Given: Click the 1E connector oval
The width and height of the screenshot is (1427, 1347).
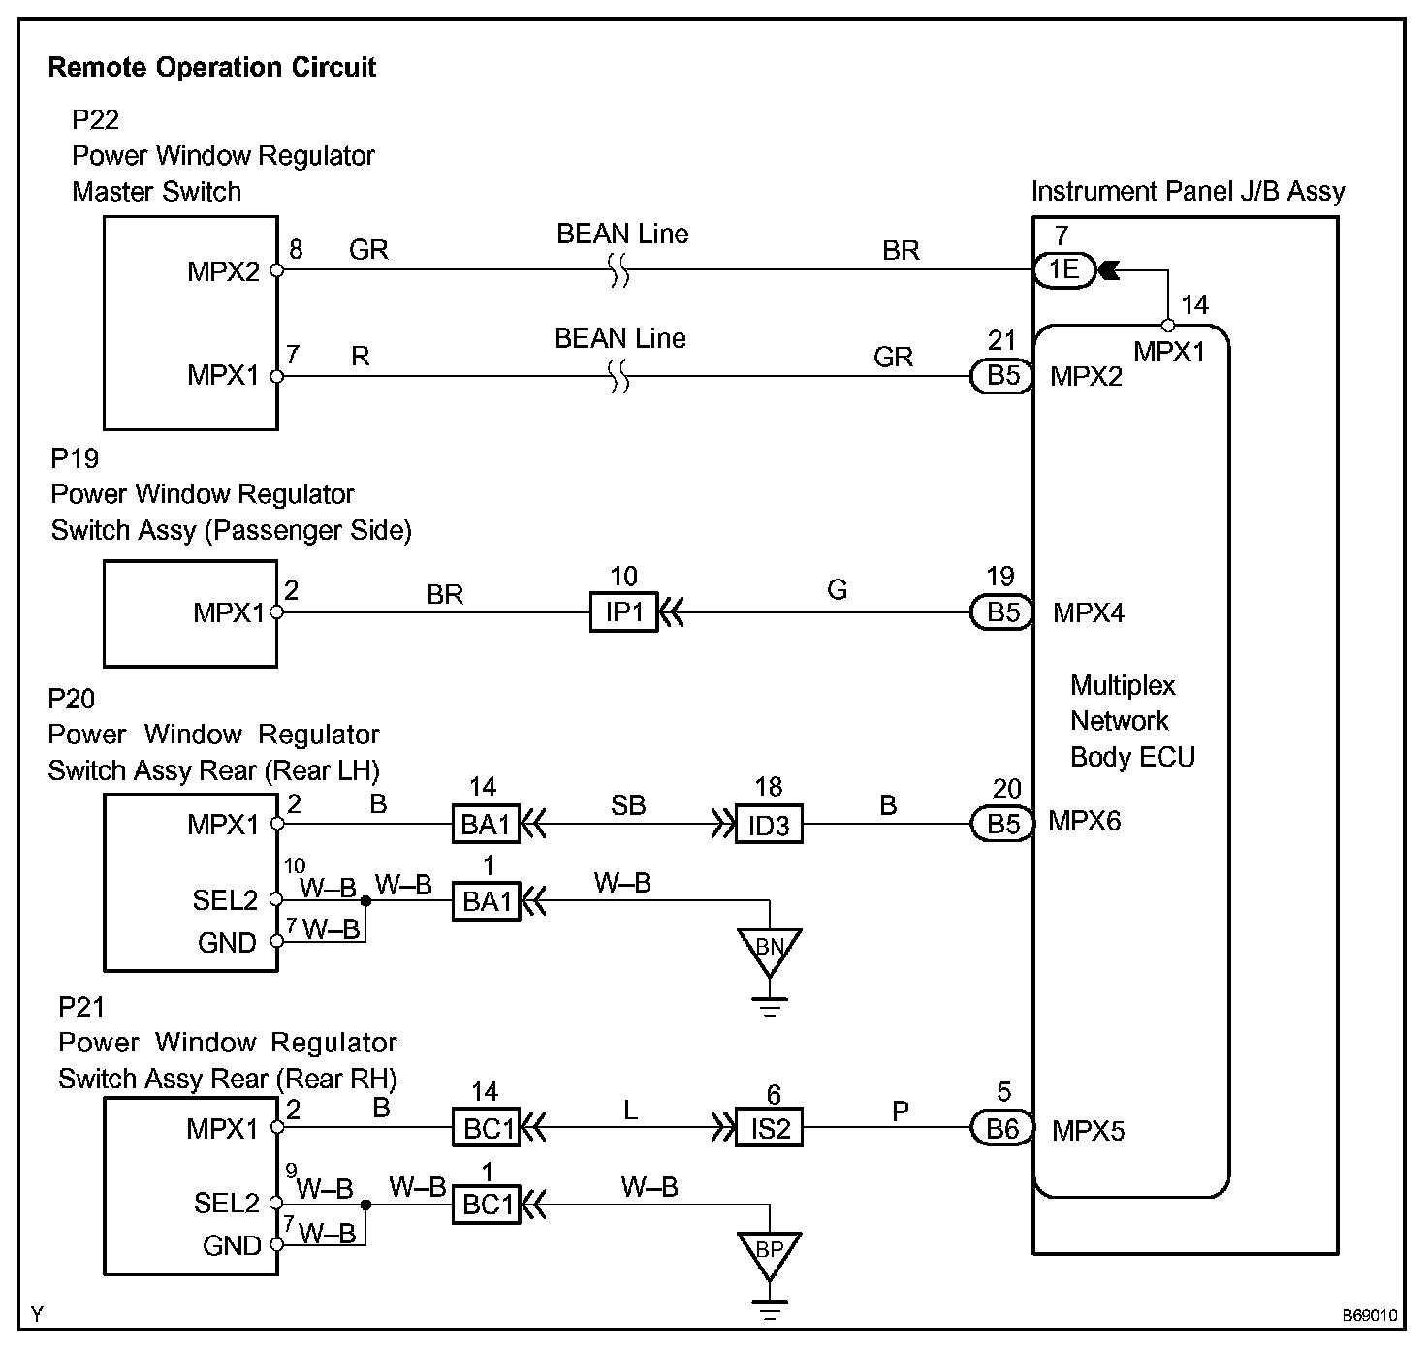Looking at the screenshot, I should pos(1063,269).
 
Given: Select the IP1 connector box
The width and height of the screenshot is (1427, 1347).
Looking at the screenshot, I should pos(623,612).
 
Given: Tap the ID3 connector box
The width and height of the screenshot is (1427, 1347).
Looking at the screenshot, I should pos(768,825).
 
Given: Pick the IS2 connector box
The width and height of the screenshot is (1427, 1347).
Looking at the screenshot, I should pos(769,1128).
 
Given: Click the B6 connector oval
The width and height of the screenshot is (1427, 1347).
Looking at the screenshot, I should pos(1002,1128).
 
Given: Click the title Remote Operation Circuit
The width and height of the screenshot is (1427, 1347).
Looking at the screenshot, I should pos(211,67).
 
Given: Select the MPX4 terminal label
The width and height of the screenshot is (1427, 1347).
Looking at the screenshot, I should pos(1089,612).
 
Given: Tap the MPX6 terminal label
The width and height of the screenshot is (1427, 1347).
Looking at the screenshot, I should pos(1084,822).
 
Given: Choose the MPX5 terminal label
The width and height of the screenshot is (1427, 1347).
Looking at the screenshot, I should pos(1088,1130).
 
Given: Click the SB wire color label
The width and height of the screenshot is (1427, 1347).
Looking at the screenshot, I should pos(628,805).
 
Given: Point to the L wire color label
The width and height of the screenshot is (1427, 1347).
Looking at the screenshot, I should pos(631,1110).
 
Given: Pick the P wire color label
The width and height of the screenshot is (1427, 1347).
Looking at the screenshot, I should pos(901,1111).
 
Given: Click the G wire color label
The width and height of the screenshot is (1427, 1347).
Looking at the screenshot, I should pos(838,589).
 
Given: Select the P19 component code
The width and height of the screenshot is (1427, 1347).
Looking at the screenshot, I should pos(75,457).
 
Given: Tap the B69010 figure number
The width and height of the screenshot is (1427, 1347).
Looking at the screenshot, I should pos(1369,1316).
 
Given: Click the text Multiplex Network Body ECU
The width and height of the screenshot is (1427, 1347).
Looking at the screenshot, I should pos(1131,721).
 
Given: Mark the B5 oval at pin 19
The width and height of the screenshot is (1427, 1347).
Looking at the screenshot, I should pos(1002,612).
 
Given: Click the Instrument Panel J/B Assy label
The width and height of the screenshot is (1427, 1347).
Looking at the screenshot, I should pos(1188,191).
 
